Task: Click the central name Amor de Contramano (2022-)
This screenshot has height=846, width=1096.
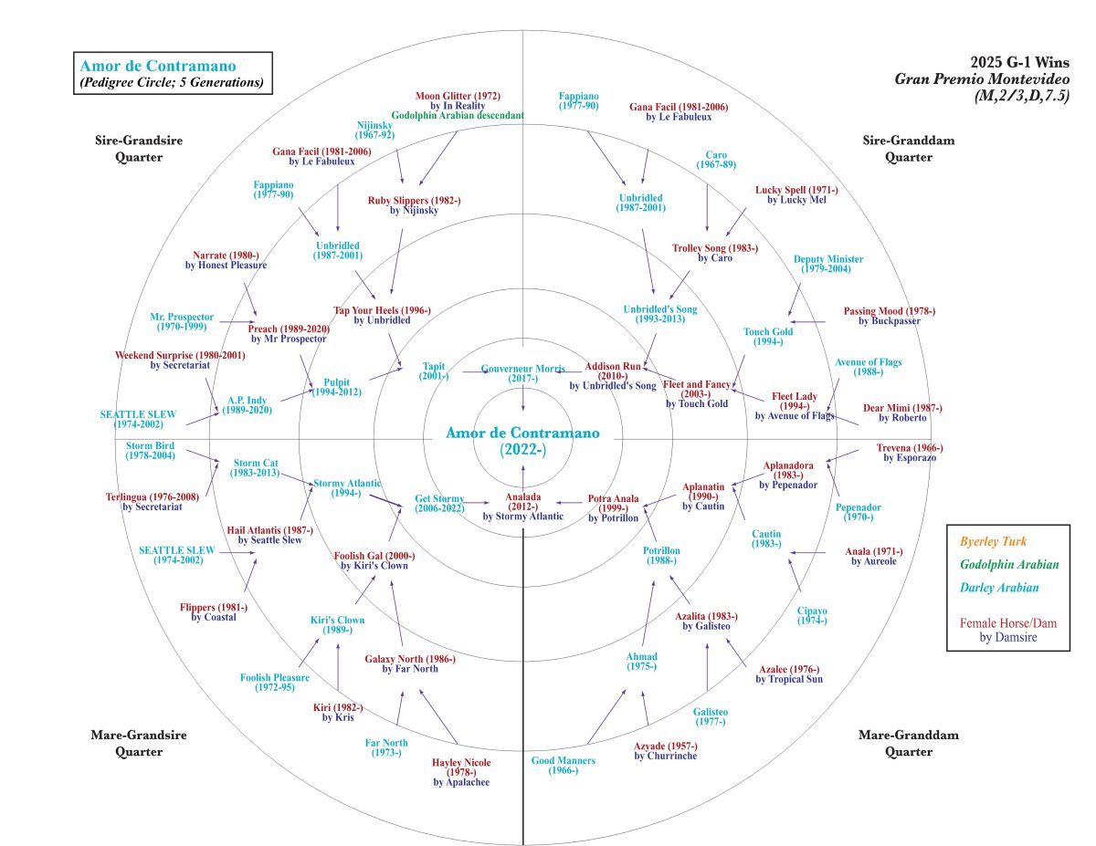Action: (x=522, y=440)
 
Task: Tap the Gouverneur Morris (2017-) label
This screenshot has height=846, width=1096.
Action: (x=523, y=373)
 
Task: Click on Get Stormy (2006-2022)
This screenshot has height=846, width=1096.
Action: (x=439, y=504)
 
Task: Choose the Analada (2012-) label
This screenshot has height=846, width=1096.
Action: (x=523, y=504)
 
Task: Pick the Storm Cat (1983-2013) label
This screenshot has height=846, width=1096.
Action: (x=256, y=467)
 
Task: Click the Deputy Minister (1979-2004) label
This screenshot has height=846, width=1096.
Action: (x=828, y=264)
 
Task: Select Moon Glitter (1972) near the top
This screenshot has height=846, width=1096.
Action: (x=458, y=95)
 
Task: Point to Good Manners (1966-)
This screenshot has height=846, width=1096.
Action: (x=564, y=766)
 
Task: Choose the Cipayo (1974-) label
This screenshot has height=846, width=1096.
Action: (x=812, y=615)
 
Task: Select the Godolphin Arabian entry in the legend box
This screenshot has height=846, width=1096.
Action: (x=1008, y=565)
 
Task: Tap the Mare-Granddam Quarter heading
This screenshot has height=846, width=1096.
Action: (x=896, y=743)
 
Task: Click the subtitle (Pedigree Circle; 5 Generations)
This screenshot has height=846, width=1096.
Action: (x=172, y=83)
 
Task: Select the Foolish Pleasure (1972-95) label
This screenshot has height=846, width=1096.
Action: (x=275, y=682)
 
